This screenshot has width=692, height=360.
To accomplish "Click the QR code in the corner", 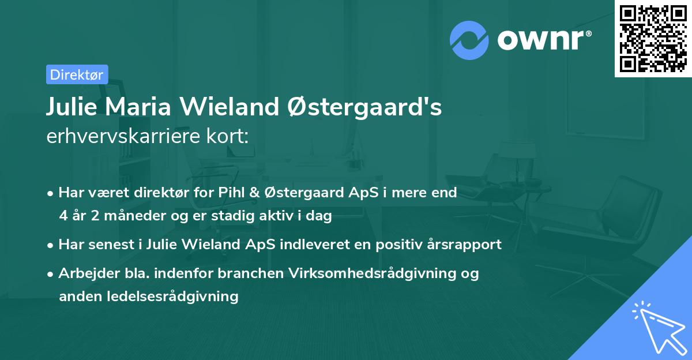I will (653, 39).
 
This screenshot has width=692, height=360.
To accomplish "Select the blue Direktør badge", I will (77, 74).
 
